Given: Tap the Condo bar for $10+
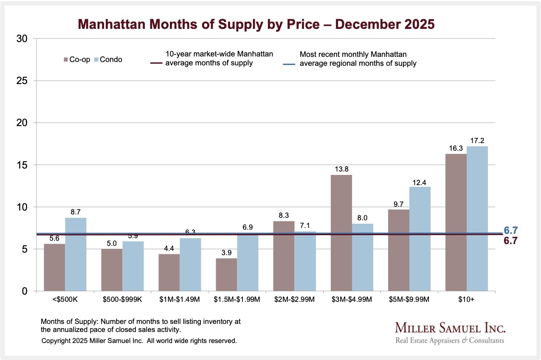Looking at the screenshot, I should point(477,219).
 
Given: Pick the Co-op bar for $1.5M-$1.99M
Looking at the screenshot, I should point(226,275).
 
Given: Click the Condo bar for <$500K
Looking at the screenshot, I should point(76,255).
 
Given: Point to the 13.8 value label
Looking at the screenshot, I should point(341,169).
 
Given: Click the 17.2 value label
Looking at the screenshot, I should point(477,141).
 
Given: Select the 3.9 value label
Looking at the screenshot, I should point(226,253).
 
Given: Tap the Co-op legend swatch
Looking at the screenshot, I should point(66,60).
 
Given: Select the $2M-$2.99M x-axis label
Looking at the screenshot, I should point(294,300).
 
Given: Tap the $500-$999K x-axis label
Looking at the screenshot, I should point(122,300).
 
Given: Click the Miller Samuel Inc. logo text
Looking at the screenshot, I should point(450,328).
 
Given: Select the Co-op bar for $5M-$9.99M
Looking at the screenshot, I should point(399,250).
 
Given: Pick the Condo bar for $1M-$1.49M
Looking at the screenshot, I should point(190,264).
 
